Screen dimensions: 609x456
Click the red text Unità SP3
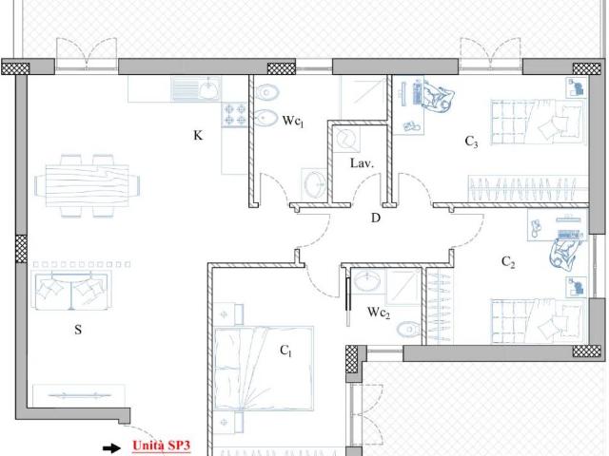click(161, 446)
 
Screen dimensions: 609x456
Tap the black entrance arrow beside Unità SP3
click(112, 448)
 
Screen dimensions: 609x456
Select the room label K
click(198, 135)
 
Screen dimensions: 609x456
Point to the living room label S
click(78, 330)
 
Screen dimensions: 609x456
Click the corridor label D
click(376, 218)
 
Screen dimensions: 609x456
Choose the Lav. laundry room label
click(362, 162)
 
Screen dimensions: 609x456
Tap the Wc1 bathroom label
click(293, 121)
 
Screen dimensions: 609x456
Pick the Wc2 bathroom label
click(379, 313)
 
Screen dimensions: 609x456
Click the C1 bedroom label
click(285, 351)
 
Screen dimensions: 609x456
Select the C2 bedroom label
click(508, 262)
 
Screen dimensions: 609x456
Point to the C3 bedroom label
click(472, 142)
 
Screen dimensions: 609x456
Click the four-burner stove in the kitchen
click(235, 114)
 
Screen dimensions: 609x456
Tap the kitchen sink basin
click(209, 89)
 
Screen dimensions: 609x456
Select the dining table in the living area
click(88, 185)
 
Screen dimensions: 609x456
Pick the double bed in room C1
click(264, 369)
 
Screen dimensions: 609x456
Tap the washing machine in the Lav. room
click(345, 140)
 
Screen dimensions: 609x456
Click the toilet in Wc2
click(408, 330)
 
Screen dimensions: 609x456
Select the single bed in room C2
click(538, 321)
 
